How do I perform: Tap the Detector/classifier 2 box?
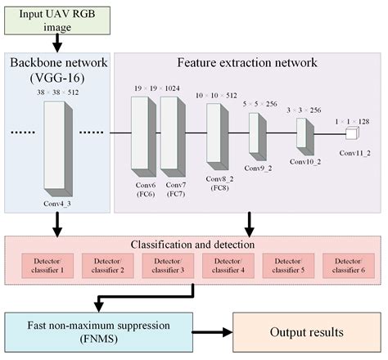pyautogui.click(x=109, y=263)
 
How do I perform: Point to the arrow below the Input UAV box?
pyautogui.click(x=57, y=42)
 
